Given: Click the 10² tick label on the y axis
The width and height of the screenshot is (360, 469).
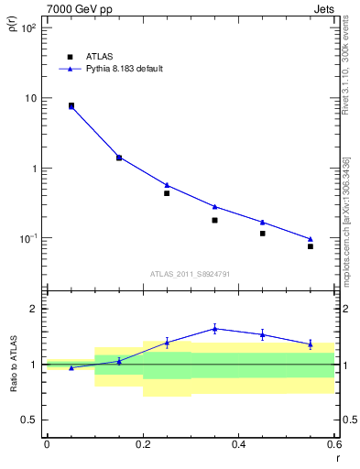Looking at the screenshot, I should (x=27, y=28).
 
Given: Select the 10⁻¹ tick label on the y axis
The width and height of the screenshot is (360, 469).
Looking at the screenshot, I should (x=27, y=239).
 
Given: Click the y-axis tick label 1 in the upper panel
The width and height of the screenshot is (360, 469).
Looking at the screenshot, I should (x=33, y=169).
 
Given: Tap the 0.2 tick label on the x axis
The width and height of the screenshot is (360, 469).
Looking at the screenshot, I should (x=143, y=444).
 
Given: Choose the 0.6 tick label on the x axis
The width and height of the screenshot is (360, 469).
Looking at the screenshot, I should (x=333, y=444).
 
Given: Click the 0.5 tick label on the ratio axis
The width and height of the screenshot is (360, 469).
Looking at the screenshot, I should (x=29, y=420).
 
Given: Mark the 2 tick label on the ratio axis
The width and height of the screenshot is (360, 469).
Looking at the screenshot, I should (x=33, y=309).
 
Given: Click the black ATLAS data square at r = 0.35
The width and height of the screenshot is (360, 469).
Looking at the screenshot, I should (x=214, y=220).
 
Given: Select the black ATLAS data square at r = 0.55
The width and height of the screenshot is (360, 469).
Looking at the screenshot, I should (x=311, y=246).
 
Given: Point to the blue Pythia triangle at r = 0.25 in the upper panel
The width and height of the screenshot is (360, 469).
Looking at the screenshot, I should (x=167, y=185).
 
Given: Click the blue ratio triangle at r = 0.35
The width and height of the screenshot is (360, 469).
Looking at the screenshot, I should (x=214, y=328).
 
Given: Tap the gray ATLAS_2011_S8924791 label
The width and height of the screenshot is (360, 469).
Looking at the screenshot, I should (x=190, y=273).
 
